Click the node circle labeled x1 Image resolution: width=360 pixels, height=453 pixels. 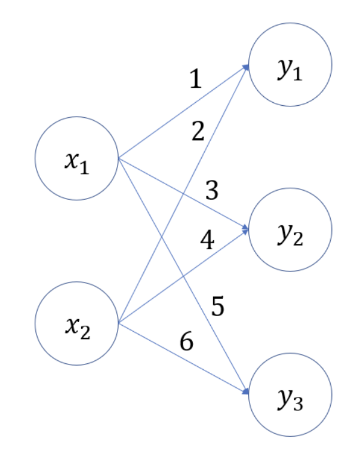[76, 159]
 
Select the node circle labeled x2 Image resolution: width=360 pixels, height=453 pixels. [76, 323]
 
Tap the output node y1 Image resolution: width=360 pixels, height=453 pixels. [290, 65]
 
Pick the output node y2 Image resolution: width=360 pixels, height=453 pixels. [290, 230]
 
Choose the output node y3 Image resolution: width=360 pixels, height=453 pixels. [290, 394]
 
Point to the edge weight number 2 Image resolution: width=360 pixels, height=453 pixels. [198, 131]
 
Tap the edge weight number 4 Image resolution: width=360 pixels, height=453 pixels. [207, 241]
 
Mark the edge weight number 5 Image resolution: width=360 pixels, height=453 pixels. [218, 307]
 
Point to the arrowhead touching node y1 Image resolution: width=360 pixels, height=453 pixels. [245, 68]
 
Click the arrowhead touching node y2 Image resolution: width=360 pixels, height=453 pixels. [245, 229]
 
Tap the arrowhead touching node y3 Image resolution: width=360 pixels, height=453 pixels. [245, 391]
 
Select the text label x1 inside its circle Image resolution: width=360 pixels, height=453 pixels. [76, 162]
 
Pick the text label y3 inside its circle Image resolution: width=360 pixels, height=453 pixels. [290, 398]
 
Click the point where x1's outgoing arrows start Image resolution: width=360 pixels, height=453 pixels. [119, 158]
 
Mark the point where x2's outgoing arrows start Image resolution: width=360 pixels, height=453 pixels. [119, 323]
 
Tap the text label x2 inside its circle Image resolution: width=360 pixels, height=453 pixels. [76, 327]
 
